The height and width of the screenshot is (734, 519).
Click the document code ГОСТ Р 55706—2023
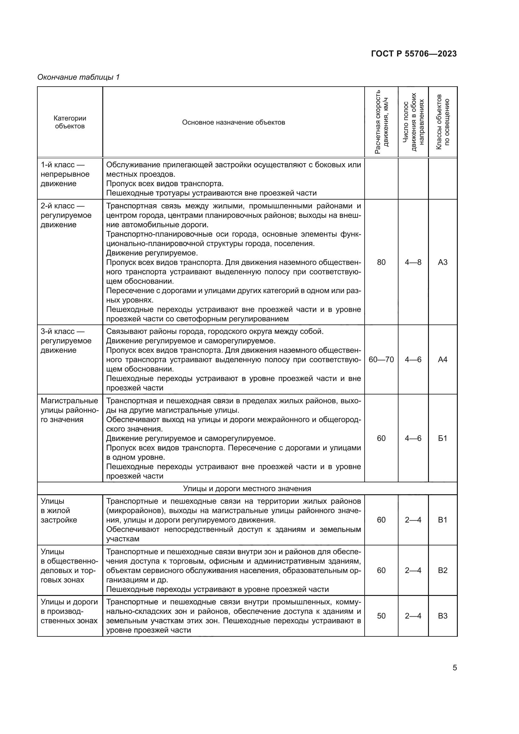(414, 54)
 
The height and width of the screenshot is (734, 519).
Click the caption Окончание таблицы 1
(78, 77)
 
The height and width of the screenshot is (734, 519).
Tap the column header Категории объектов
(70, 122)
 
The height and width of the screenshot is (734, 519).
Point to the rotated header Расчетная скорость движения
(382, 122)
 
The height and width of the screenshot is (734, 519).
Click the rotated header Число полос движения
(413, 122)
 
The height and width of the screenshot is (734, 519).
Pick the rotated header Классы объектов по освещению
(443, 122)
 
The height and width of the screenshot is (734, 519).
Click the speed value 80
(381, 262)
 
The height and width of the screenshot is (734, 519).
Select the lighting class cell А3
(443, 262)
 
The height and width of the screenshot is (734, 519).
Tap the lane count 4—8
(413, 262)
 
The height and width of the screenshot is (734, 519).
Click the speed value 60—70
(381, 360)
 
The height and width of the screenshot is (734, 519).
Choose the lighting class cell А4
(443, 360)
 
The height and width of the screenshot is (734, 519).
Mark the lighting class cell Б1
(443, 438)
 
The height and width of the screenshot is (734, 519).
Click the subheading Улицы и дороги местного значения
(247, 489)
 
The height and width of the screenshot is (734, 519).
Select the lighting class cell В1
(443, 520)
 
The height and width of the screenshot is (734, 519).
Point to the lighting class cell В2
(443, 571)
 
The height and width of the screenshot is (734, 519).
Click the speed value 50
(381, 616)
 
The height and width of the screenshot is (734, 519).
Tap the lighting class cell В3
(443, 616)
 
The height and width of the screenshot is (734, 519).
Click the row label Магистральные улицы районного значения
(70, 410)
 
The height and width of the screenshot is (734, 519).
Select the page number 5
(455, 668)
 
